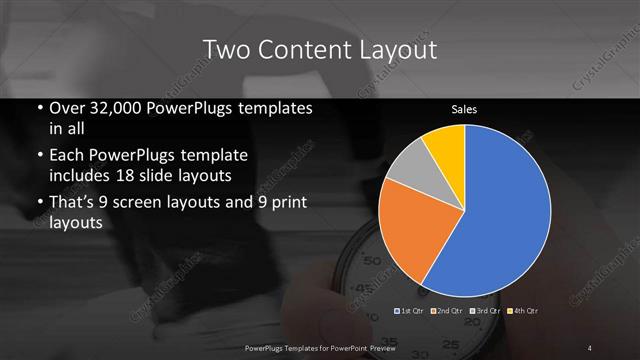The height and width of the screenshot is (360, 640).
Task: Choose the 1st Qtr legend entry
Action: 410,311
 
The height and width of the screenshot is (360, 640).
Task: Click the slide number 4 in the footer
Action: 590,347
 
